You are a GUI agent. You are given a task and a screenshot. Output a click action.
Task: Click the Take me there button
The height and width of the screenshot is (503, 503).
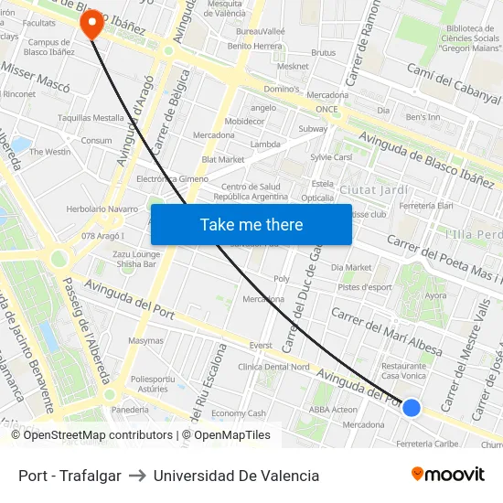[251, 225]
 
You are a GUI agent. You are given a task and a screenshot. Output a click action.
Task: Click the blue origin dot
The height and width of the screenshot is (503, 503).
[412, 408]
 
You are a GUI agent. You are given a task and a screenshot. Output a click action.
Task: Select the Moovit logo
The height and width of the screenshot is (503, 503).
[448, 475]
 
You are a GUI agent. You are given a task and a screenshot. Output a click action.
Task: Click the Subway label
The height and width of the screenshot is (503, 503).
[313, 129]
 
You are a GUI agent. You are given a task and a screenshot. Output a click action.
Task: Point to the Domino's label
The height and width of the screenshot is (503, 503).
[282, 89]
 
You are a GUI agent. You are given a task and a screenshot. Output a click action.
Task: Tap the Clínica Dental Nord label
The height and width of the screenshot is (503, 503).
[273, 367]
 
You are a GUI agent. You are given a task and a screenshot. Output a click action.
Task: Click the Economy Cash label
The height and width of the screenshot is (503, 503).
[238, 413]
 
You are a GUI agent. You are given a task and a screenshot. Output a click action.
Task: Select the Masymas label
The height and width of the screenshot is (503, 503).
[146, 340]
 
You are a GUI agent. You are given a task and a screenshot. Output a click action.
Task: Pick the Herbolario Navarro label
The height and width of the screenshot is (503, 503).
[102, 209]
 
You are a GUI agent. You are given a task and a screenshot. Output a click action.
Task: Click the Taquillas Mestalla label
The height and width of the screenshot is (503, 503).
[91, 118]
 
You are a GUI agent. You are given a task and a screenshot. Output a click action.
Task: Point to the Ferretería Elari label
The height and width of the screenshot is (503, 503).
[425, 206]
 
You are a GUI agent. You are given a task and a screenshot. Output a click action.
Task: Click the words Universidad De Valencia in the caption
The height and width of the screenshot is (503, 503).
[236, 476]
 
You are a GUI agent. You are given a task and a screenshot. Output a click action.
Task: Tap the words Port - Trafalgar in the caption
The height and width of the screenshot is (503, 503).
[70, 476]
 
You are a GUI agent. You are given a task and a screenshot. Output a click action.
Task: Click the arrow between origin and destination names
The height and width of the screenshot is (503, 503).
[137, 476]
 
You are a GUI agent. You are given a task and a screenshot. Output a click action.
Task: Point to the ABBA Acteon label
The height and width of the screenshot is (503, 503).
[333, 410]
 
